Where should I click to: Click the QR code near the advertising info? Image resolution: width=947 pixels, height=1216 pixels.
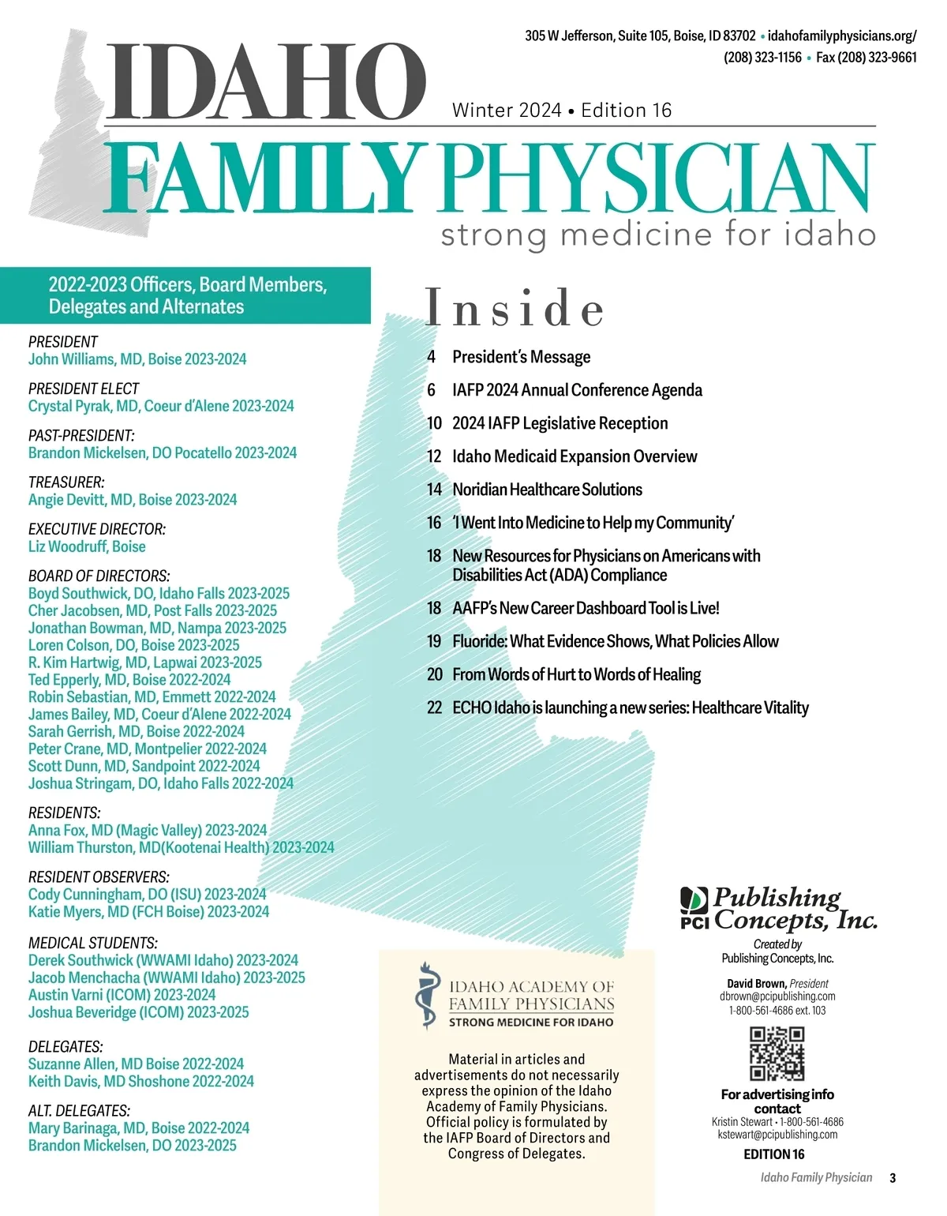pos(777,1053)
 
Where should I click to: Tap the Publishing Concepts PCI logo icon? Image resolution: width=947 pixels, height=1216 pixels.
pos(695,906)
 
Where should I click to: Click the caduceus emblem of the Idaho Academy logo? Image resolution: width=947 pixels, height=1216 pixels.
pos(427,996)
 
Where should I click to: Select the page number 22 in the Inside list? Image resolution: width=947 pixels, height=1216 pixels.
pos(434,707)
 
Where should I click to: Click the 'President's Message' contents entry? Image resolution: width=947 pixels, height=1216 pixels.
pos(521,357)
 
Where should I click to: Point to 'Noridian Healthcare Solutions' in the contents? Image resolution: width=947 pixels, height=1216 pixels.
pos(547,490)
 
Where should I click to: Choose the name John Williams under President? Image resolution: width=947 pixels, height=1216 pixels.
pos(137,359)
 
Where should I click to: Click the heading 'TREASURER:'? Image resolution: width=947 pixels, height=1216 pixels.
pos(66,482)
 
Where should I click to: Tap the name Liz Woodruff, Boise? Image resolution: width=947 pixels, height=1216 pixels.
pos(87,546)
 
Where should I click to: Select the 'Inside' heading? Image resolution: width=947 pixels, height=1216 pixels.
pos(515,308)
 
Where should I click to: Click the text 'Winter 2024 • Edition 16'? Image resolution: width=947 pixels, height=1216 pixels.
pos(562,111)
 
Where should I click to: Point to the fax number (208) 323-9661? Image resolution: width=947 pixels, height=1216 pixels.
pos(867,57)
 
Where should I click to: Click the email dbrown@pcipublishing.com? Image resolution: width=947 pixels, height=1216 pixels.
pos(777,996)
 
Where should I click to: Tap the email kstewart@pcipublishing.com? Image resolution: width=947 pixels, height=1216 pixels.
pos(777,1135)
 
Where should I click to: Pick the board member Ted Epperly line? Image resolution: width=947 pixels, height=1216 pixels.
pos(129,680)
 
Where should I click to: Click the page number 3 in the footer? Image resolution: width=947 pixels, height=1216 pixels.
pos(893,1177)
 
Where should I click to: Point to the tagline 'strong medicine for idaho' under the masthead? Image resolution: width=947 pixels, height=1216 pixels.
pos(658,235)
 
